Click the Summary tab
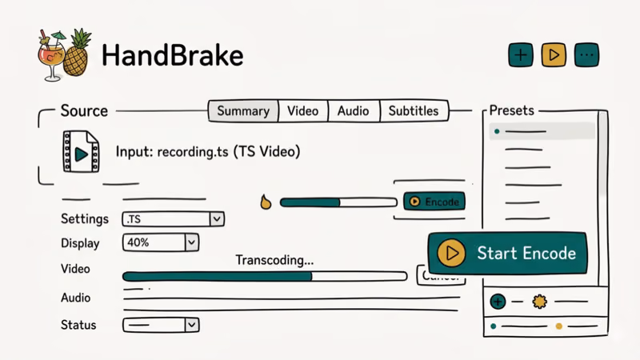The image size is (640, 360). (x=243, y=111)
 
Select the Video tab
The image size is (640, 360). (x=302, y=111)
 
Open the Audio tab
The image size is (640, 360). (x=353, y=111)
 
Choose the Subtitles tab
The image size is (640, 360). (x=414, y=111)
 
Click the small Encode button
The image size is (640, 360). (x=434, y=202)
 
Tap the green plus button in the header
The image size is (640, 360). (x=521, y=55)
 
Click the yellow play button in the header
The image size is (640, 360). (x=554, y=55)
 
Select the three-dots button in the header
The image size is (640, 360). (x=586, y=55)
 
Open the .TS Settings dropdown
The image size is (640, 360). (x=173, y=218)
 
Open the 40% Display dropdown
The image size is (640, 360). (x=160, y=242)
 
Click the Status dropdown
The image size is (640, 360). (x=160, y=325)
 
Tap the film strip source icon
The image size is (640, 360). (x=82, y=152)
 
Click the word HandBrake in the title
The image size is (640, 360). (x=173, y=55)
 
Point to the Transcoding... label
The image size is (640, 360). (x=274, y=260)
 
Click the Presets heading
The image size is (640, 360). (x=511, y=110)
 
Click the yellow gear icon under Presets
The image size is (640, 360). (x=539, y=302)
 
